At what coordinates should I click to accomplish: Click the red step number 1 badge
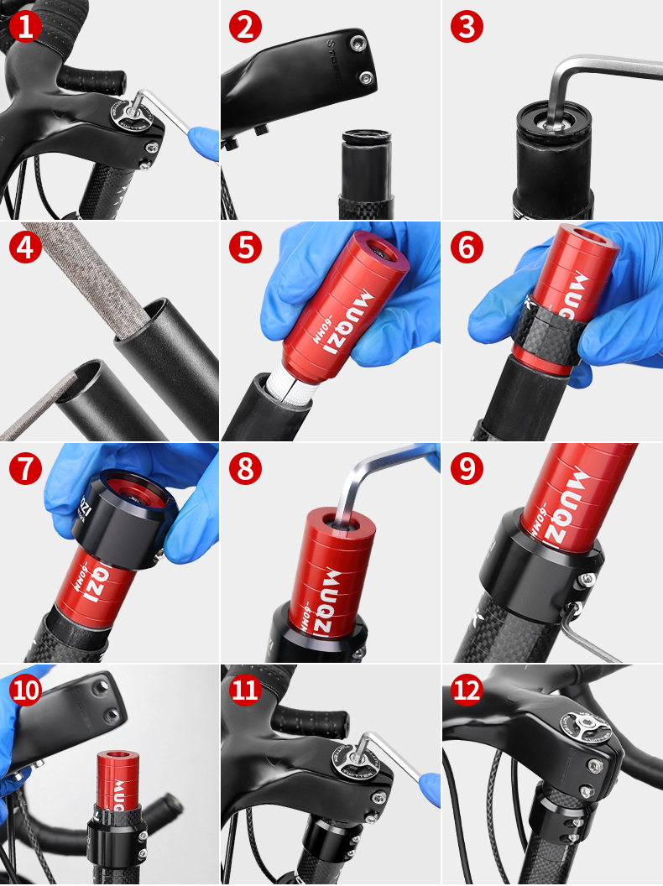26,26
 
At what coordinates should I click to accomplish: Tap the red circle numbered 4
26,248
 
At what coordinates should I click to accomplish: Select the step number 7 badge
26,469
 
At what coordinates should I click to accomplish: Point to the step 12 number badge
467,691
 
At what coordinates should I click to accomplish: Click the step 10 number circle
26,691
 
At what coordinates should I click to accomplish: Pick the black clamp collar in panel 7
126,520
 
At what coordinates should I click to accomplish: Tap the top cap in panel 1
128,113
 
